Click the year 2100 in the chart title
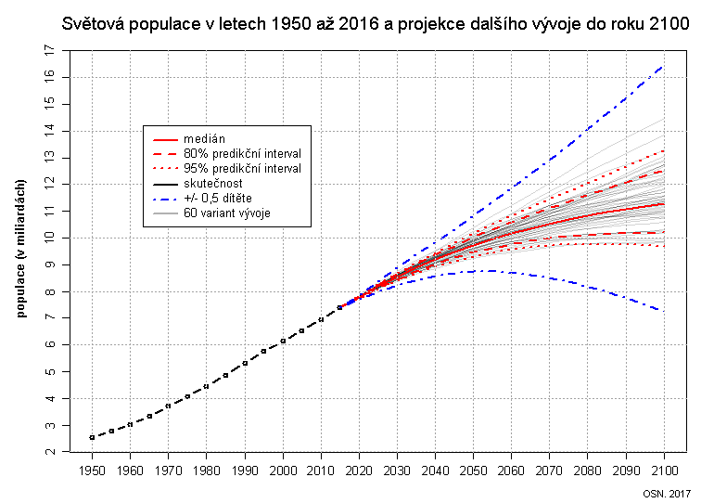[669, 24]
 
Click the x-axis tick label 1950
[92, 471]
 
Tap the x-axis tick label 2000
[283, 471]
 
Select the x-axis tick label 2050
[473, 471]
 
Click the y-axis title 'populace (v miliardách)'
[22, 249]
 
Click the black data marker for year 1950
[92, 437]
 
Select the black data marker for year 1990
[245, 363]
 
